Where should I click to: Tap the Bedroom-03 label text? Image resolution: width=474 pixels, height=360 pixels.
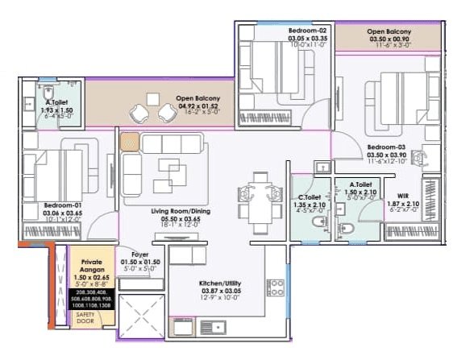(x=386, y=147)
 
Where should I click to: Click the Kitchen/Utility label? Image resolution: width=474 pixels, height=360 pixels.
(x=220, y=283)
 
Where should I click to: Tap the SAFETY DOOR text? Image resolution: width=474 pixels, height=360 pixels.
(x=85, y=317)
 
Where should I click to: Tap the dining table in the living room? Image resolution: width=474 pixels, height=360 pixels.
(x=256, y=196)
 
